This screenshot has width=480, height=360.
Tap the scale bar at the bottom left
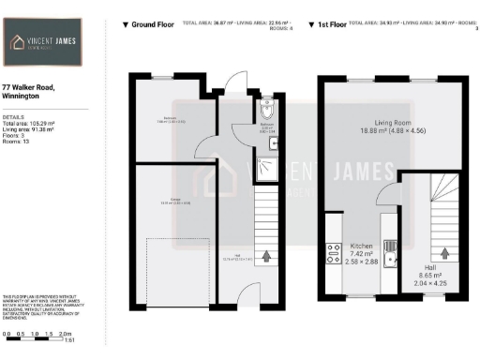tap(37, 334)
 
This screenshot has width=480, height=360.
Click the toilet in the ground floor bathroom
tap(268, 105)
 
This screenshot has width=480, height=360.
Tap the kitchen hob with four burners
tap(331, 251)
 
